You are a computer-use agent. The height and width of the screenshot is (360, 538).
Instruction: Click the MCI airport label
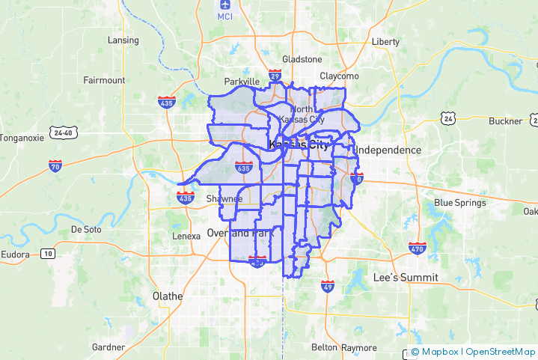point(225,16)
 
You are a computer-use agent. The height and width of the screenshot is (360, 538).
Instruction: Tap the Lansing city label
point(123,40)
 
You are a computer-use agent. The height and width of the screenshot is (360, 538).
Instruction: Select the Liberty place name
point(385,42)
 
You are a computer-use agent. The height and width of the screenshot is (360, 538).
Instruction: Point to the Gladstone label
point(302,60)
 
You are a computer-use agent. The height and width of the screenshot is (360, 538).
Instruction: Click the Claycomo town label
point(340,76)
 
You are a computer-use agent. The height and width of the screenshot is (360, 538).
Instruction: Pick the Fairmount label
point(104,80)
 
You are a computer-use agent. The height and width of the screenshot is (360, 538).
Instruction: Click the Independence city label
point(388,150)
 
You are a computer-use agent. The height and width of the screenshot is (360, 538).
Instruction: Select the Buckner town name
point(506,121)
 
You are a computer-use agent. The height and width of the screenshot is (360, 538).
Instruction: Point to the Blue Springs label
point(460,203)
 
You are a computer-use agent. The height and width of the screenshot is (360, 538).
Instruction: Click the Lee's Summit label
point(406,278)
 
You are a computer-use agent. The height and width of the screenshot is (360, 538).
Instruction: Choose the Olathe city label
point(167,296)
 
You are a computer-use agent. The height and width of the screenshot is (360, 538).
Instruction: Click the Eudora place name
point(16,255)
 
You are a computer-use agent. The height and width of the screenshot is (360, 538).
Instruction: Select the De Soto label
point(85,230)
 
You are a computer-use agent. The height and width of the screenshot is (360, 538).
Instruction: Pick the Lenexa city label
point(186,237)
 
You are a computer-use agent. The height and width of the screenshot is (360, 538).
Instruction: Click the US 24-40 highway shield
point(63,132)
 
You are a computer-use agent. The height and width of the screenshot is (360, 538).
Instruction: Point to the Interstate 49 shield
point(327,285)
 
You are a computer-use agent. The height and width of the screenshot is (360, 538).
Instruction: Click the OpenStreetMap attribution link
point(501,352)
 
